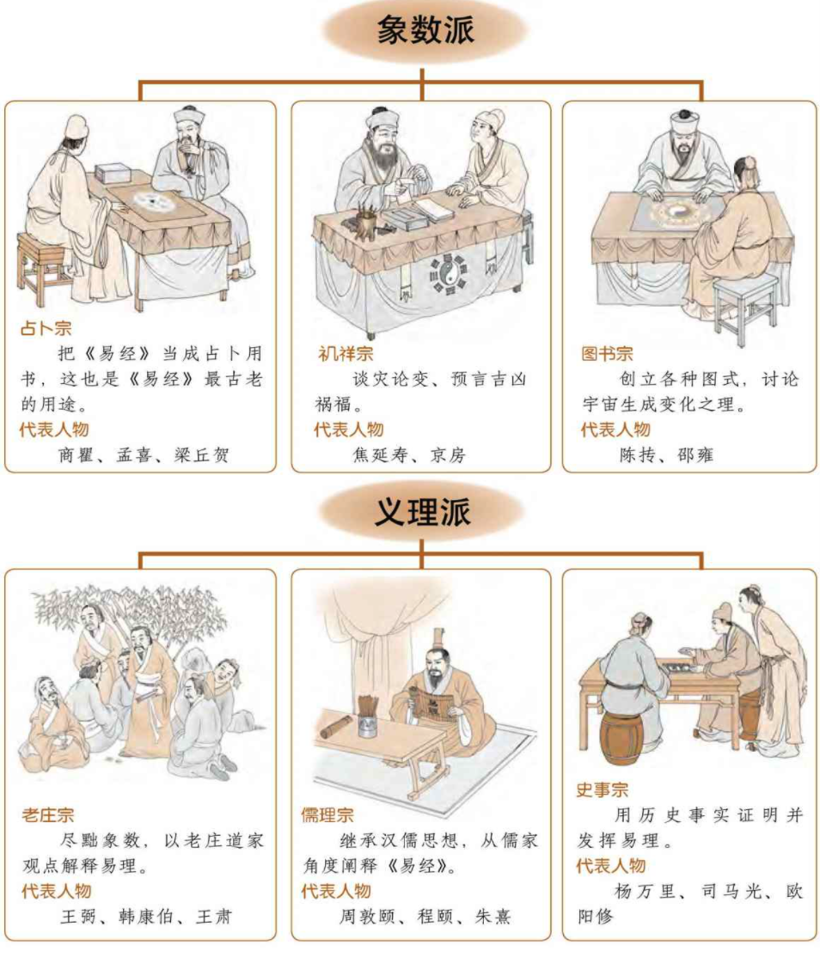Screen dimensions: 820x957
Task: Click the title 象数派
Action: coord(425,29)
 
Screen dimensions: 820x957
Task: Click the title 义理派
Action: coord(423,511)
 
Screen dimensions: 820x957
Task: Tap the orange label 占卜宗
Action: coord(46,328)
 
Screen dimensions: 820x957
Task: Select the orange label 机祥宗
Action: coord(345,353)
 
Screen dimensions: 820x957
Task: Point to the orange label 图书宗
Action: coord(607,353)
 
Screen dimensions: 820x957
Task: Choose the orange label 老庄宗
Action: coord(47,814)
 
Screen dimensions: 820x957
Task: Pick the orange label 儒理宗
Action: coord(327,814)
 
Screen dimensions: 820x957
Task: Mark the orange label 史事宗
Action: coord(602,789)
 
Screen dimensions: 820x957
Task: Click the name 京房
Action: coord(448,454)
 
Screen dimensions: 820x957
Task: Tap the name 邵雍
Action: coord(695,454)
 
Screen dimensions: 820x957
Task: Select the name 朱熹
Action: coord(493,916)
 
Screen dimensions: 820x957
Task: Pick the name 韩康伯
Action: coord(146,916)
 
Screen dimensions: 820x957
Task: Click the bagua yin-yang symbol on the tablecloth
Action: coord(448,276)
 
